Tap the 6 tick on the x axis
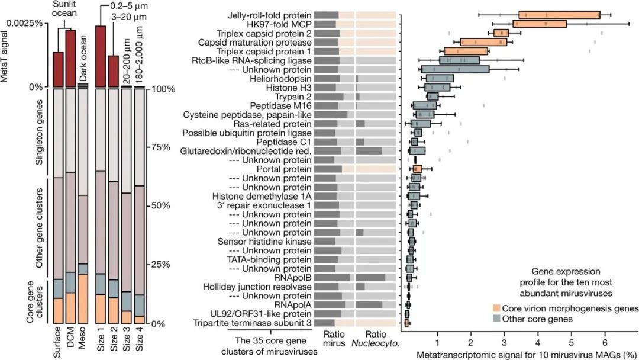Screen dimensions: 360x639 click(x=605, y=343)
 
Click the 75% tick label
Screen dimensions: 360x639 click(x=158, y=147)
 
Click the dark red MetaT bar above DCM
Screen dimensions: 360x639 click(x=70, y=58)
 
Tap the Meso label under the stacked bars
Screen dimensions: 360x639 click(x=83, y=340)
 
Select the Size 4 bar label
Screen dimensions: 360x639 click(x=140, y=340)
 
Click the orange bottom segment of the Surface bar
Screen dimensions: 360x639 click(x=58, y=311)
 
